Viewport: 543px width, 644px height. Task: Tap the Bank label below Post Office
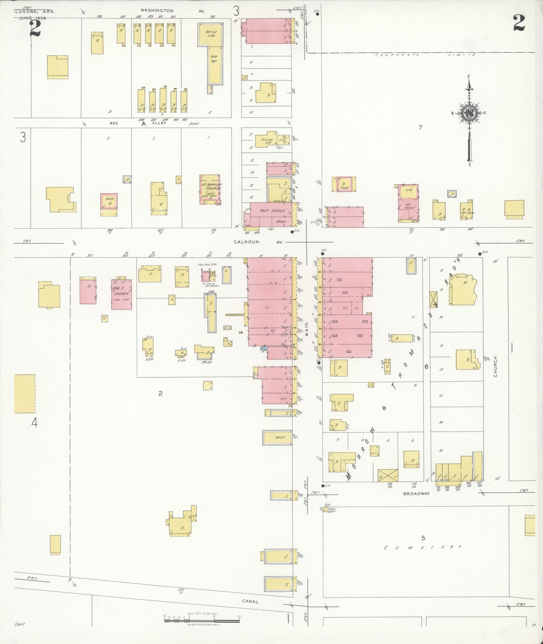[280, 221]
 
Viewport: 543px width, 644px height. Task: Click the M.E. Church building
[121, 294]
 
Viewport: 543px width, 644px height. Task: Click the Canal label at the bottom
[250, 601]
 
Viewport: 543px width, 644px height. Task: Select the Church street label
[495, 366]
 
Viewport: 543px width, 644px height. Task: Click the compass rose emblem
[468, 113]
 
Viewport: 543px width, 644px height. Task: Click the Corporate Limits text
[425, 55]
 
